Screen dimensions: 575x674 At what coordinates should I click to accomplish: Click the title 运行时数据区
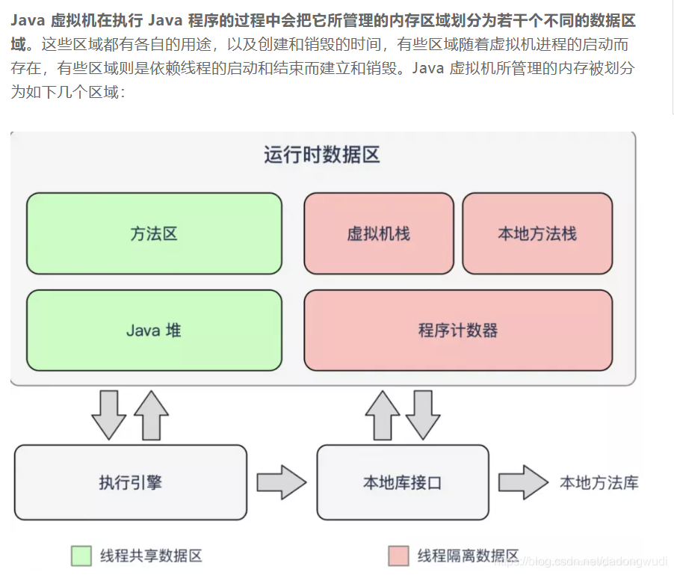pyautogui.click(x=322, y=155)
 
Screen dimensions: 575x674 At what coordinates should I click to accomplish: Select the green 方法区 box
pyautogui.click(x=154, y=233)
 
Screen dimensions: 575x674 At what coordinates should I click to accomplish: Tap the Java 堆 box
pyautogui.click(x=154, y=330)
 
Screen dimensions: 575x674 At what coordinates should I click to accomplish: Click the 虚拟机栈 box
pyautogui.click(x=379, y=233)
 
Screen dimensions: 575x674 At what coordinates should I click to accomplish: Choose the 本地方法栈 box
pyautogui.click(x=537, y=233)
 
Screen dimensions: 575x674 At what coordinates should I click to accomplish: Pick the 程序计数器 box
pyautogui.click(x=458, y=330)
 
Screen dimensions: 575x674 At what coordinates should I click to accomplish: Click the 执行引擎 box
pyautogui.click(x=130, y=482)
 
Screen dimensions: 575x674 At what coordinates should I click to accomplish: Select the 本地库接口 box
pyautogui.click(x=403, y=482)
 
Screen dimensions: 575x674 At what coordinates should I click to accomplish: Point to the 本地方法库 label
pyautogui.click(x=599, y=482)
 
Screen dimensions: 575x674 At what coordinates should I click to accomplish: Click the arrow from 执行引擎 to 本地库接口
pyautogui.click(x=281, y=482)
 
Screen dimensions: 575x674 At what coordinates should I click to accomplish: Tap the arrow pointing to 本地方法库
pyautogui.click(x=523, y=482)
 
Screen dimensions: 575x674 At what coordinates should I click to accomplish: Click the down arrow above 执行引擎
pyautogui.click(x=109, y=414)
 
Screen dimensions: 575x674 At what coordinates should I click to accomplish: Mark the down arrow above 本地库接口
pyautogui.click(x=423, y=414)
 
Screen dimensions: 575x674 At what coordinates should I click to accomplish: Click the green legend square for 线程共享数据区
pyautogui.click(x=81, y=556)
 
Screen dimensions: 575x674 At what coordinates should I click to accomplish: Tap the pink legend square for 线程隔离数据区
pyautogui.click(x=398, y=556)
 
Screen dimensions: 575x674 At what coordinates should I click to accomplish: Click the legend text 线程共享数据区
pyautogui.click(x=151, y=556)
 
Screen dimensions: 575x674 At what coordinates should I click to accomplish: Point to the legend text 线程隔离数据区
pyautogui.click(x=468, y=556)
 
